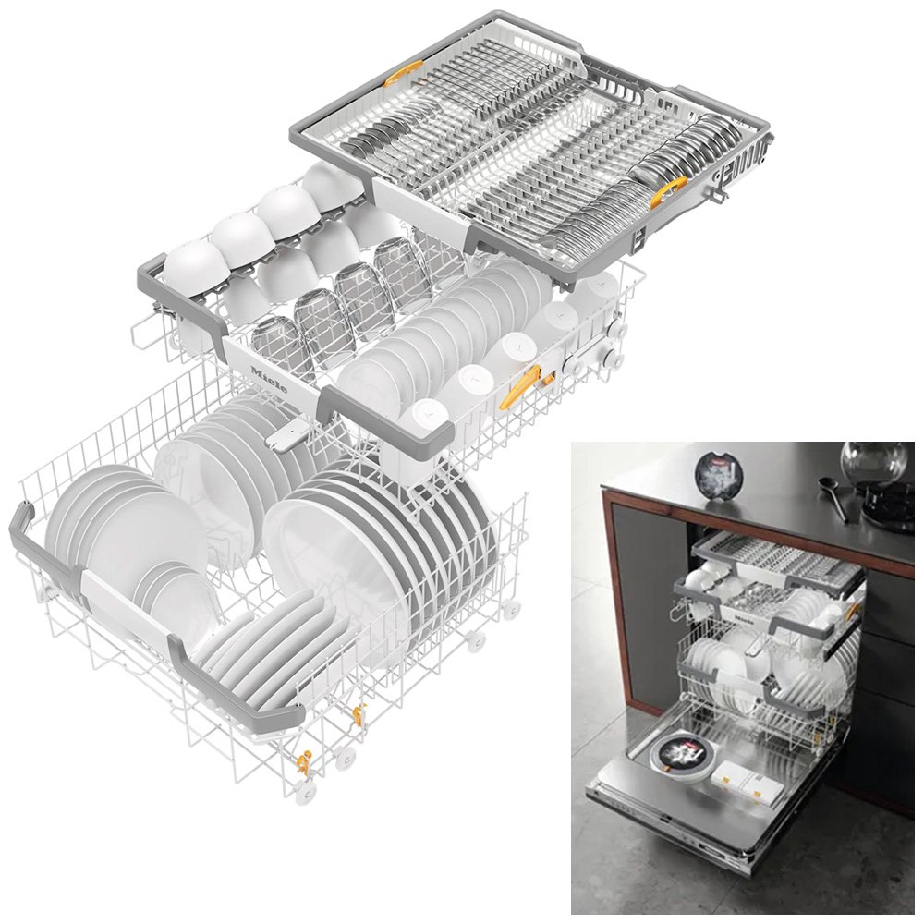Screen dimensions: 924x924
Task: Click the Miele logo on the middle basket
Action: [x=269, y=380]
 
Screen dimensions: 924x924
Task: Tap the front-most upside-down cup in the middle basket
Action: [x=423, y=421]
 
